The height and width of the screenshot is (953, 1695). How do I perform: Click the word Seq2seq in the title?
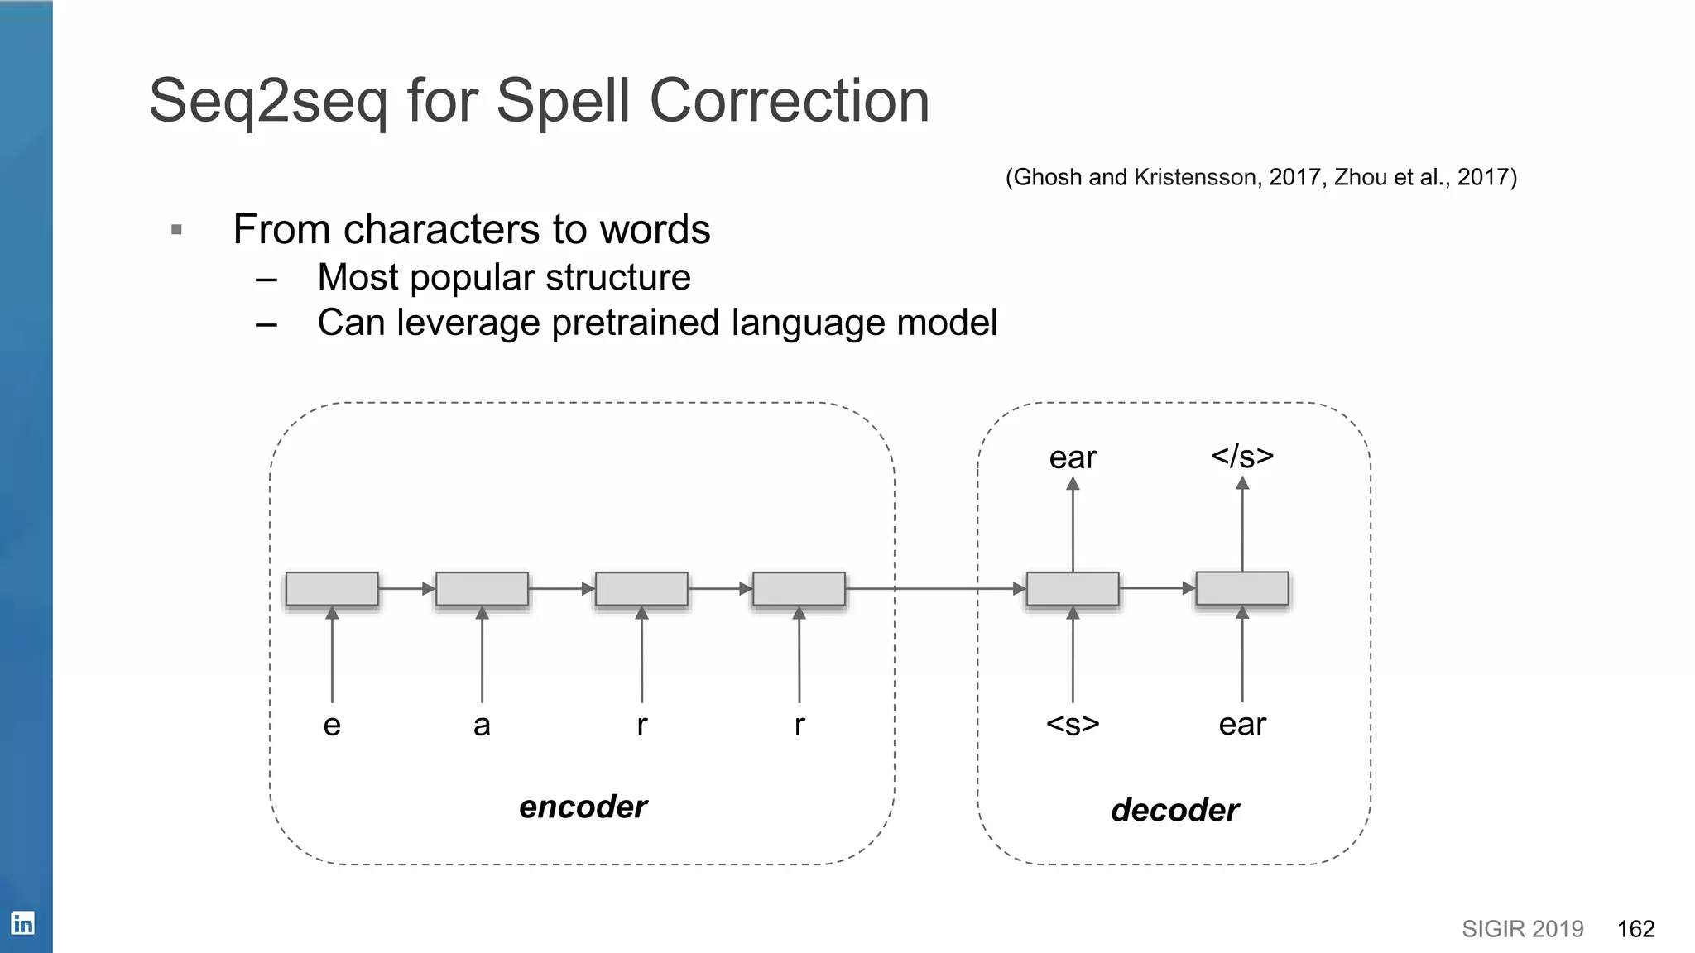pos(267,102)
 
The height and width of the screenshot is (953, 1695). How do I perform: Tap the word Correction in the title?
pos(790,102)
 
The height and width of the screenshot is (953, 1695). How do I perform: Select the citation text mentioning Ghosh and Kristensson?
pos(1260,177)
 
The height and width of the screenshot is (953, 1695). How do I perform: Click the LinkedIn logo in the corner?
pos(22,922)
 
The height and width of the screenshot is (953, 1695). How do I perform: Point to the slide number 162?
pos(1635,929)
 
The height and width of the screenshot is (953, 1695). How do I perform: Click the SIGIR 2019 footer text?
pos(1522,929)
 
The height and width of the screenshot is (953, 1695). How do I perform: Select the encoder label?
pos(583,807)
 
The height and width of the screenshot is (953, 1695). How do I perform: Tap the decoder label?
pos(1174,810)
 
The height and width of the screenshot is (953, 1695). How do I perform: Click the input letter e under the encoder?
pos(332,725)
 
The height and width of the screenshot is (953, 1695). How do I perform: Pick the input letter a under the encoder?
pos(482,725)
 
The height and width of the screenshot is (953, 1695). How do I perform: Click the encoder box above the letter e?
pos(332,589)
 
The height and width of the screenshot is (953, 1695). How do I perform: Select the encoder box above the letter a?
pos(482,589)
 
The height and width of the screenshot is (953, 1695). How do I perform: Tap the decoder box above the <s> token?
pos(1073,589)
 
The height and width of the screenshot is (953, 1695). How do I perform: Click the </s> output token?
pos(1241,456)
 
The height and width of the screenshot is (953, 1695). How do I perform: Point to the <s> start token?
pos(1073,724)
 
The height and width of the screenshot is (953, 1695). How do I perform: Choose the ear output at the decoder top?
pos(1073,457)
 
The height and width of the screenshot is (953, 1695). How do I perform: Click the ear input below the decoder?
pos(1241,725)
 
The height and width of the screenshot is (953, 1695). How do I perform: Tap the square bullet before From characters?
pos(176,229)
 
